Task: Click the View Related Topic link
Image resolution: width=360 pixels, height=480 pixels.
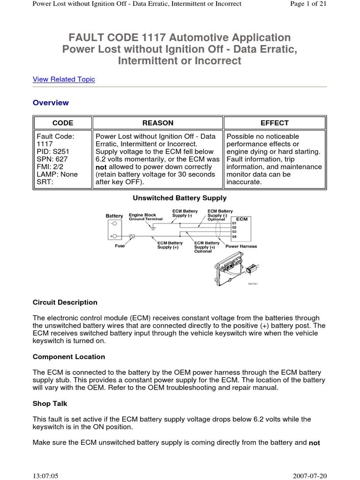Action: coord(64,79)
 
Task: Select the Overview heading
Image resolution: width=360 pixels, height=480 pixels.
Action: coord(51,103)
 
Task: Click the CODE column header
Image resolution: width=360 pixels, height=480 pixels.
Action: coord(62,123)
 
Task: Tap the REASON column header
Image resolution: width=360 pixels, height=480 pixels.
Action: coord(158,123)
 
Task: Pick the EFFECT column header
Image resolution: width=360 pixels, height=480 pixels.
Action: coord(275,123)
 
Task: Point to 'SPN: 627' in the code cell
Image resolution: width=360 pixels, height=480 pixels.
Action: coord(50,159)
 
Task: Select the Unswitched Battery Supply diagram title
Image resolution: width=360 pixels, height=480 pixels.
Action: coord(180,198)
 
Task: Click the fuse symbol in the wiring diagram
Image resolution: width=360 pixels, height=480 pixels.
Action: coord(132,236)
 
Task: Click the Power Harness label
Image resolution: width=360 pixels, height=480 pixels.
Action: coord(241,246)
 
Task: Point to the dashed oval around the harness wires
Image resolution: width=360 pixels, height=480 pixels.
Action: coord(217,230)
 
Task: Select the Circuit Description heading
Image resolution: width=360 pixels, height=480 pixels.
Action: coord(65,302)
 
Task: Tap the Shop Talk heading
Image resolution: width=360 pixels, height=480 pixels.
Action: coord(50,404)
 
